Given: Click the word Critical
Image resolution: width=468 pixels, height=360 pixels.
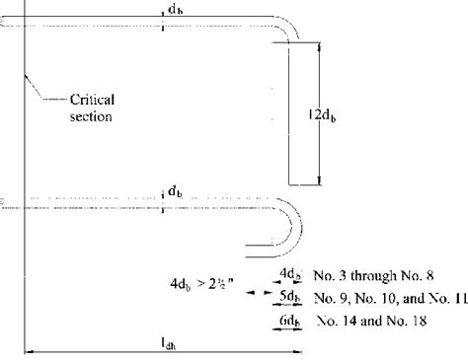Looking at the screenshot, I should click(93, 99).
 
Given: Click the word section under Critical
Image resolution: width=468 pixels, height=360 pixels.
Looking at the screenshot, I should click(90, 117).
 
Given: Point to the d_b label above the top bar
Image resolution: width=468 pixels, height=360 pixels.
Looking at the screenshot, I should click(175, 9).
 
